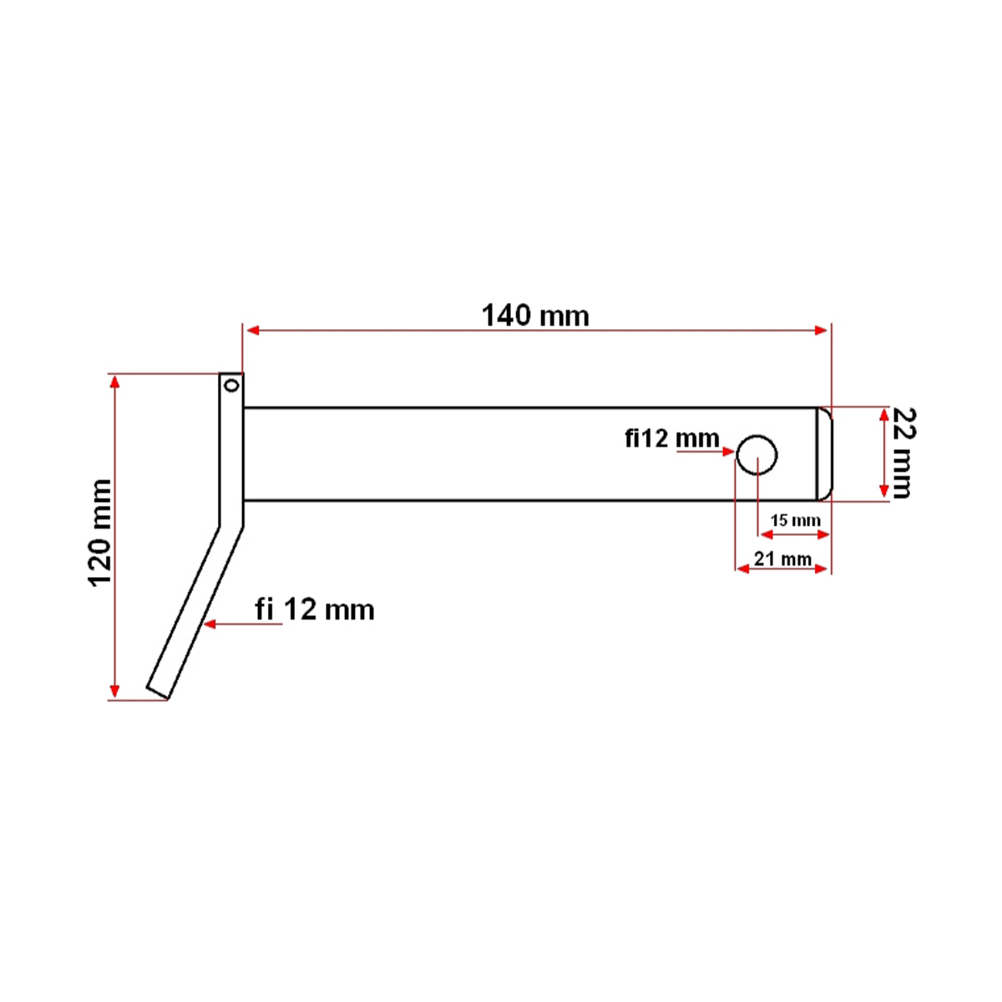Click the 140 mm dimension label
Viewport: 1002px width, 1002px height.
(535, 316)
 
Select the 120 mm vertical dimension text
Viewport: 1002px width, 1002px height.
(100, 533)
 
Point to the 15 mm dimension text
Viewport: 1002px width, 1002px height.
(795, 520)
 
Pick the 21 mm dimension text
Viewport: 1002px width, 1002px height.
(782, 558)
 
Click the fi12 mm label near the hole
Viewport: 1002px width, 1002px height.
(672, 438)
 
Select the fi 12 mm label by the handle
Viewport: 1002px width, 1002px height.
(315, 610)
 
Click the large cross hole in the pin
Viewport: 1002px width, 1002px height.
(757, 455)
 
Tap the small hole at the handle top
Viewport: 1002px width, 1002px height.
(231, 385)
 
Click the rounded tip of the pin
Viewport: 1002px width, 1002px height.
(824, 454)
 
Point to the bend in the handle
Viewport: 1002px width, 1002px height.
(231, 527)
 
